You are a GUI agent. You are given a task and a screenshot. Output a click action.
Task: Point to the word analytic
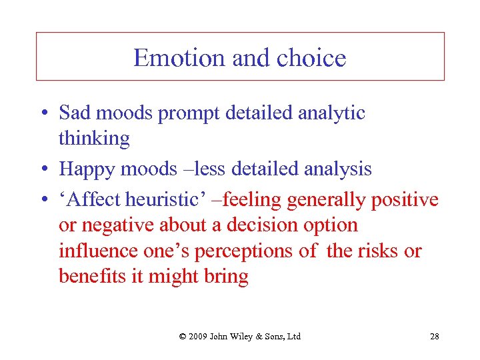(333, 113)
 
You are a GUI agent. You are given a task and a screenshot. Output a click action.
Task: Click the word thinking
(94, 138)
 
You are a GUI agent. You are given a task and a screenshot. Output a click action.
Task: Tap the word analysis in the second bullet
(337, 169)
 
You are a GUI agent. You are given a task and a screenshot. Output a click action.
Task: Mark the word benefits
(91, 276)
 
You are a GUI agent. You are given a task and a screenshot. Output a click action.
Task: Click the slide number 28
(434, 336)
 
